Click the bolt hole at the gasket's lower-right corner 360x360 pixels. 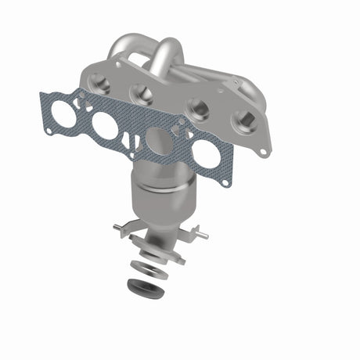[x=226, y=183]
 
